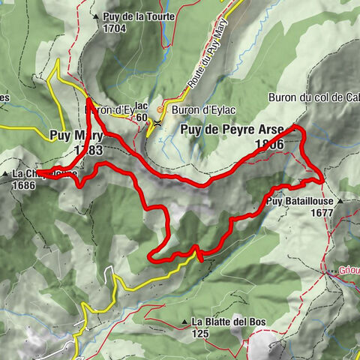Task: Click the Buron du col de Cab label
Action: [x=313, y=97]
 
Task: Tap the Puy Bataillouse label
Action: [x=298, y=202]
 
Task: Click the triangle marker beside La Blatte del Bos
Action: [x=184, y=322]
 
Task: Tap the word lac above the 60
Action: [x=142, y=106]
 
